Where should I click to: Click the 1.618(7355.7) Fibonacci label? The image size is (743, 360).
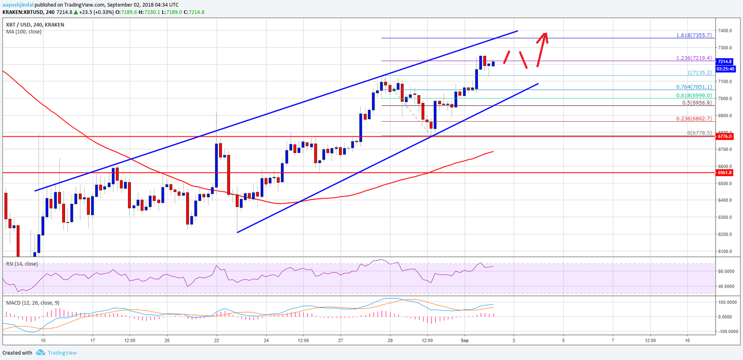[694, 35]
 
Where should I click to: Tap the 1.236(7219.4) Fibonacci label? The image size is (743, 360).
[694, 58]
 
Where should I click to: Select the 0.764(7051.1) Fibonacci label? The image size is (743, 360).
[694, 87]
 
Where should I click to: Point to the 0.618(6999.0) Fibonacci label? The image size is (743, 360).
[694, 96]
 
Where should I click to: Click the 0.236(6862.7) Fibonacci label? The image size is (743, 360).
[694, 119]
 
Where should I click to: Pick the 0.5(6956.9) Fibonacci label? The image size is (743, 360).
[697, 103]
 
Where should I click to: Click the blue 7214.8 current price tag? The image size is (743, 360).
[725, 62]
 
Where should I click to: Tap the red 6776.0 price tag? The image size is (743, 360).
[725, 137]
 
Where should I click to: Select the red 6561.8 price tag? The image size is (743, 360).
[725, 172]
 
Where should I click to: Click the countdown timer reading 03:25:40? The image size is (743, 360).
[725, 69]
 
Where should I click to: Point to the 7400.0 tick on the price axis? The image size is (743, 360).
[725, 31]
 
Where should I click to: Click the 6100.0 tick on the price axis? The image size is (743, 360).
[725, 251]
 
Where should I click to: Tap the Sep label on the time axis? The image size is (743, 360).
[464, 340]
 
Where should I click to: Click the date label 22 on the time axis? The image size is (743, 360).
[216, 340]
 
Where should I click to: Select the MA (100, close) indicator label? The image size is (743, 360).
[24, 32]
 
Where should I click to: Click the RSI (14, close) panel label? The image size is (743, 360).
[22, 264]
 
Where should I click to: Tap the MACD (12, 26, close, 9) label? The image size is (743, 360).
[33, 303]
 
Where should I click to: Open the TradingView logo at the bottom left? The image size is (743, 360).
[56, 353]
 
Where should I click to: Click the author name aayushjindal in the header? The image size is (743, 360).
[18, 5]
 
